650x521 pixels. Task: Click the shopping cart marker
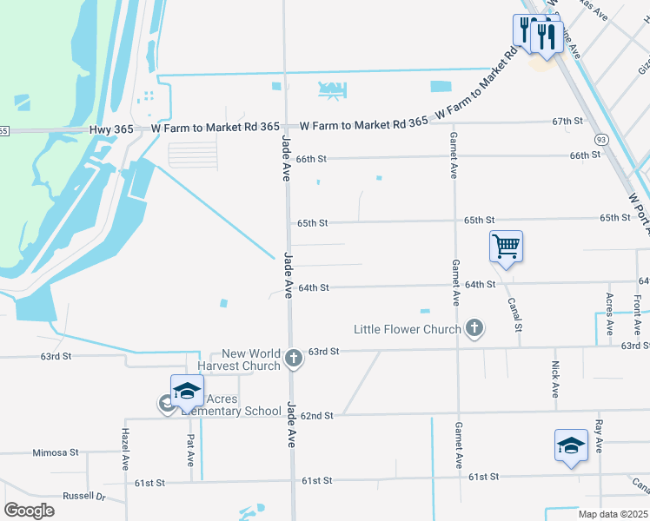[506, 247]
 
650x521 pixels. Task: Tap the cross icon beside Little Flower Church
[474, 328]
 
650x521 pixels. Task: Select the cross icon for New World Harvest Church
[294, 358]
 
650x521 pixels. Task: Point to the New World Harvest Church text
[251, 359]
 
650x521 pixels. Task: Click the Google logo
[30, 510]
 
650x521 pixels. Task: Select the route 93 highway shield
[600, 139]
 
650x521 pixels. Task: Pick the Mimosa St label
[56, 452]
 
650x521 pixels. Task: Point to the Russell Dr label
[83, 497]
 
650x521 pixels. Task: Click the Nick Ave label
[555, 379]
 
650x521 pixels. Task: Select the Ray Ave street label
[599, 437]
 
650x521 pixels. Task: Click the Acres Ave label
[609, 314]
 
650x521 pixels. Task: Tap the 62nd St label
[317, 415]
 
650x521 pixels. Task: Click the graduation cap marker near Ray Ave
[571, 445]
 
